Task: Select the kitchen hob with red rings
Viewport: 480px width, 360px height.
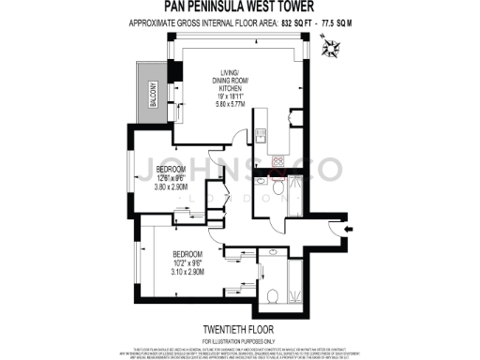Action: pos(277,161)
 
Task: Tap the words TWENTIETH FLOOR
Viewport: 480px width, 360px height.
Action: pos(239,328)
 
